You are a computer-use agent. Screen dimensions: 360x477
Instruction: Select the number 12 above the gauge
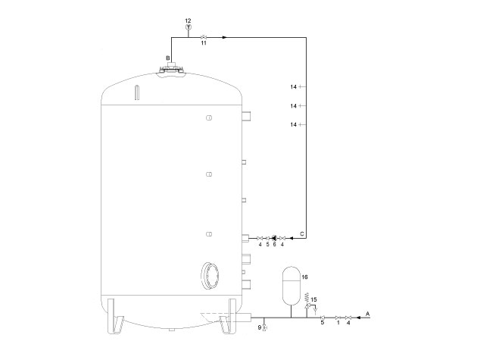(x=188, y=19)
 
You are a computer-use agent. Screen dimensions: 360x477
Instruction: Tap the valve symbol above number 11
(x=203, y=36)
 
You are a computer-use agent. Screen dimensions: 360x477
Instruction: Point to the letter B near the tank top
(x=168, y=58)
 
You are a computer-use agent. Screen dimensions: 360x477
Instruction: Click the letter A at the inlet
(x=368, y=312)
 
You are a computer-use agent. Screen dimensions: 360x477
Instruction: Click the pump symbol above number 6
(x=274, y=237)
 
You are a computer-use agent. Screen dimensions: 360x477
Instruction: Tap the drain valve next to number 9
(x=264, y=327)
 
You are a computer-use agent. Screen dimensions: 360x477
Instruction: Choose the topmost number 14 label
(x=295, y=86)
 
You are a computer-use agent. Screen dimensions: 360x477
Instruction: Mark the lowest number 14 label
(x=295, y=124)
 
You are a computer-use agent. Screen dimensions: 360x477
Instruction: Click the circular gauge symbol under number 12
(x=188, y=27)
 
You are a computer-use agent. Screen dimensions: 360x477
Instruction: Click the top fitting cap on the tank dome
(x=173, y=69)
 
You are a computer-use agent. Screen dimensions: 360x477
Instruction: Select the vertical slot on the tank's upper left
(x=137, y=93)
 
